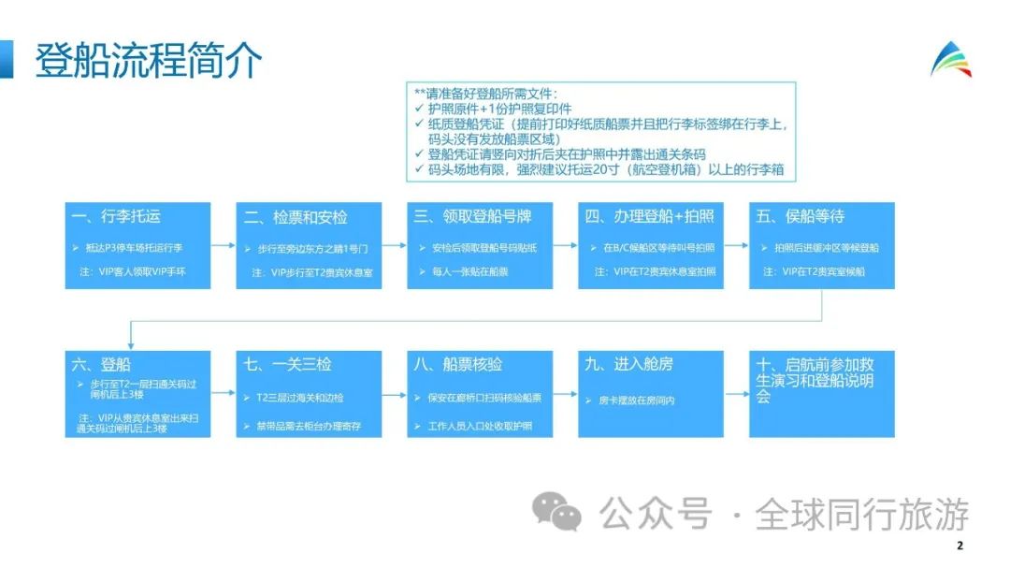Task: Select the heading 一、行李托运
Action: tap(116, 216)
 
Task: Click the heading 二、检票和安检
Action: tap(296, 217)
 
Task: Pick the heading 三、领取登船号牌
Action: tap(472, 216)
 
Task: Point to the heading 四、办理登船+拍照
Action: tap(650, 216)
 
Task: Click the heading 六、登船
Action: tap(103, 365)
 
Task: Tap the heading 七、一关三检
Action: tap(289, 365)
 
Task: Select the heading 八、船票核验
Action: tap(458, 365)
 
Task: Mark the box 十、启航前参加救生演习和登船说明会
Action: tap(822, 380)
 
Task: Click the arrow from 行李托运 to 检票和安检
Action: tap(222, 245)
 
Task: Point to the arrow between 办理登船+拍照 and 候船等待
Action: tap(733, 245)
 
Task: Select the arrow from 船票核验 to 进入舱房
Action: tap(563, 394)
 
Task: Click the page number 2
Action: tap(959, 546)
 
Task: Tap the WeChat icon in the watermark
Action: tap(555, 513)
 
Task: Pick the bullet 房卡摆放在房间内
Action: tap(637, 400)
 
